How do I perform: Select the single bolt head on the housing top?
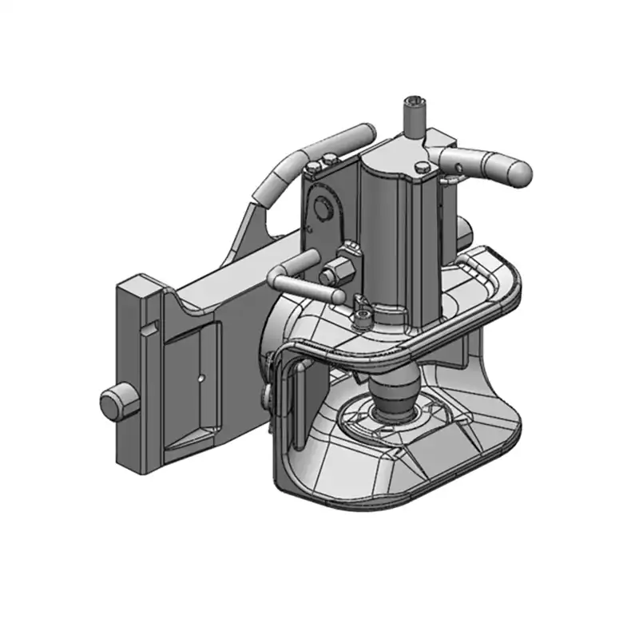tap(420, 167)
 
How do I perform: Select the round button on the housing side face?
tap(321, 208)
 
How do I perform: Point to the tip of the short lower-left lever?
tap(312, 256)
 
